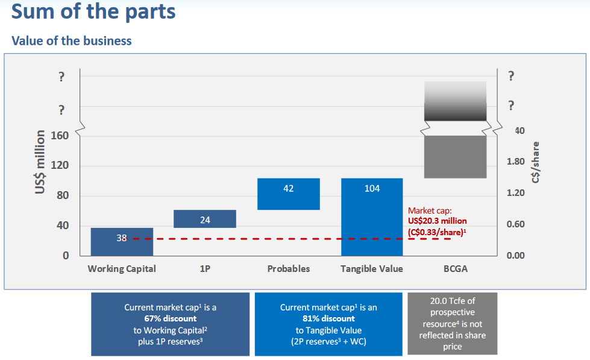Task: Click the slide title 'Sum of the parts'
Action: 93,12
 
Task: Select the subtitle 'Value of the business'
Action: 72,41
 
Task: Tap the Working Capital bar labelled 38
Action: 122,241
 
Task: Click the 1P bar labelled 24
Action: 205,219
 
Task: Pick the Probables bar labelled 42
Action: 288,194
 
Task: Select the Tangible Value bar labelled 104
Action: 372,217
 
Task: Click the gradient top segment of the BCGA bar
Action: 455,101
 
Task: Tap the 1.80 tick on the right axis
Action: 515,162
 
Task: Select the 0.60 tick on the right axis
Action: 515,224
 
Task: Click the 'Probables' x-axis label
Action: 288,269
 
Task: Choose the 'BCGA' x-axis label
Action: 455,269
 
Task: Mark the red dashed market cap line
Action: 289,239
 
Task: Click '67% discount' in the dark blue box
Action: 170,318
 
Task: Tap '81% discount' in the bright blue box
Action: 328,318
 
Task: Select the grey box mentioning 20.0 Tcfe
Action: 452,323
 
